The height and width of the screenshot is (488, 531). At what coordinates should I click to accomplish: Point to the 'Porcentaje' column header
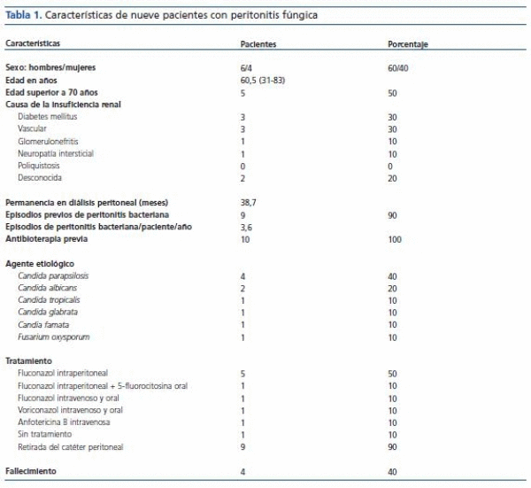[408, 43]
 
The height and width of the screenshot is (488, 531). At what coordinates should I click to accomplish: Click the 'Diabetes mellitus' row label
[50, 116]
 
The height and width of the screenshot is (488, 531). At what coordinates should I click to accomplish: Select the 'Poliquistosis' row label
[40, 166]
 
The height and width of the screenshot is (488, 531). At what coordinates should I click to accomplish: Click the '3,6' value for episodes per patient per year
[247, 228]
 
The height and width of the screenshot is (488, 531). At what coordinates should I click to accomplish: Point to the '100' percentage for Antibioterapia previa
[395, 240]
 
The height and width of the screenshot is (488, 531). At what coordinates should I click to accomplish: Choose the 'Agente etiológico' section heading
[40, 264]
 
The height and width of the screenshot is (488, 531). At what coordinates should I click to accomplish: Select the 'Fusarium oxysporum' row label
[54, 337]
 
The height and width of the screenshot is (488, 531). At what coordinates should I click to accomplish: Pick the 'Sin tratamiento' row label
[45, 436]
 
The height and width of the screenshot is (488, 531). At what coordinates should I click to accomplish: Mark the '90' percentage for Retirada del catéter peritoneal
[393, 448]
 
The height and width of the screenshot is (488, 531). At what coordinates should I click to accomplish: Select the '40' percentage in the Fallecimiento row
[393, 472]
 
